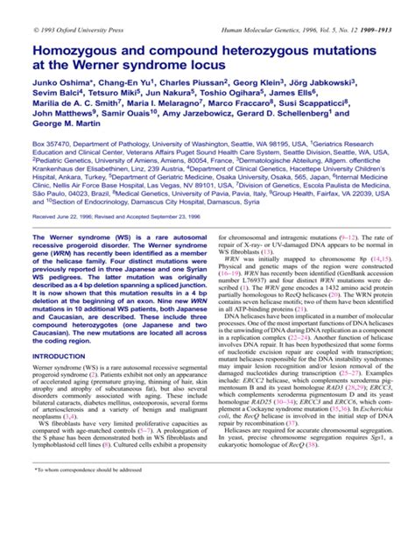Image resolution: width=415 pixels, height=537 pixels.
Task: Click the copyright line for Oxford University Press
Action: point(79,8)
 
